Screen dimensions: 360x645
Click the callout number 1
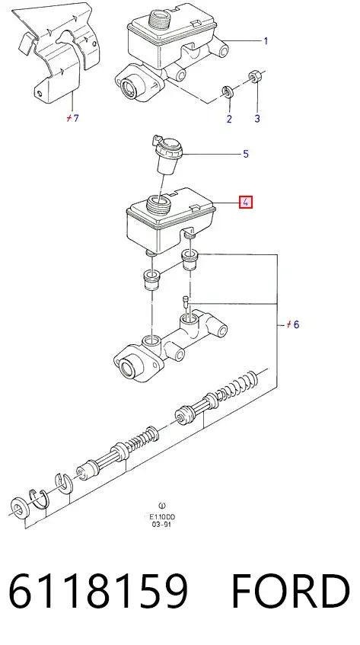coord(266,40)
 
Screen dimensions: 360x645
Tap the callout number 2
coord(229,119)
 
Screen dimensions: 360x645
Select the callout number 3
coord(257,119)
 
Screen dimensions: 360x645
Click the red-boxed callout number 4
coord(246,202)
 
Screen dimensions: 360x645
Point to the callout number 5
coord(246,154)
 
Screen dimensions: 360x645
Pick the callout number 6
coord(296,324)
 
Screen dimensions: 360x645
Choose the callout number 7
coord(75,119)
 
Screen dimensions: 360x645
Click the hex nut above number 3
coord(254,76)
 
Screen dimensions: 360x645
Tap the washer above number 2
coord(228,91)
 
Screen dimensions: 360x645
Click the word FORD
coord(291,591)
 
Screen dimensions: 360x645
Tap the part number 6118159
coord(98,591)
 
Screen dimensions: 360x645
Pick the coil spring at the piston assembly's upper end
coord(237,386)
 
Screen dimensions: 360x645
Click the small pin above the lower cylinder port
coord(187,302)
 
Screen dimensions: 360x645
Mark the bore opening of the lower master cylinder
coord(127,366)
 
